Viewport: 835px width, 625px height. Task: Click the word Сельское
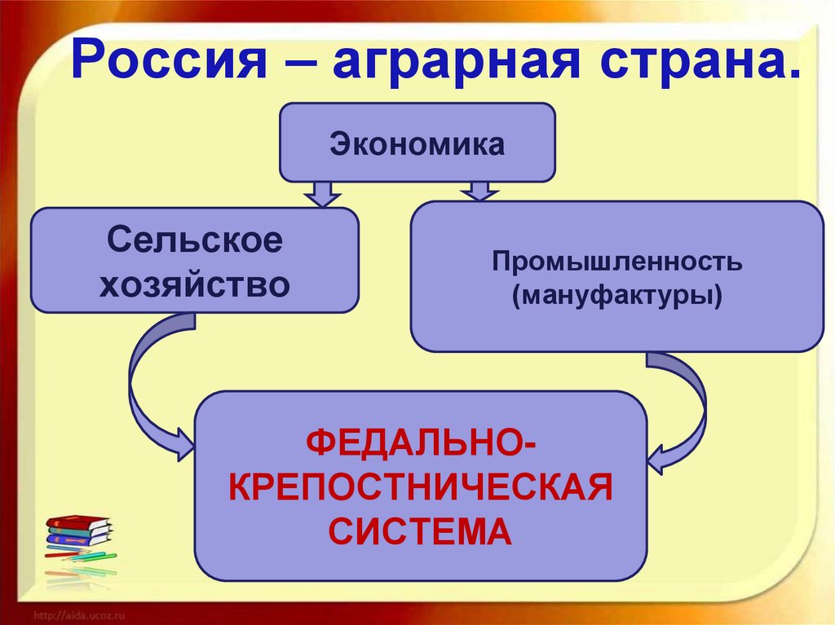click(x=195, y=241)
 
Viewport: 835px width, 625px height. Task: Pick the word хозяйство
click(x=195, y=284)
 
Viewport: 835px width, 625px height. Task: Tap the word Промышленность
click(x=616, y=262)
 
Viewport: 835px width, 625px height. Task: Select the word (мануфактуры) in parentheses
click(x=616, y=294)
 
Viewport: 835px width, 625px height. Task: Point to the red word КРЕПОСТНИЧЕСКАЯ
click(x=421, y=490)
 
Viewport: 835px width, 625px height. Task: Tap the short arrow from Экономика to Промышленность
click(x=478, y=191)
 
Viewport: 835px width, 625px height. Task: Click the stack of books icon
click(x=77, y=530)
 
